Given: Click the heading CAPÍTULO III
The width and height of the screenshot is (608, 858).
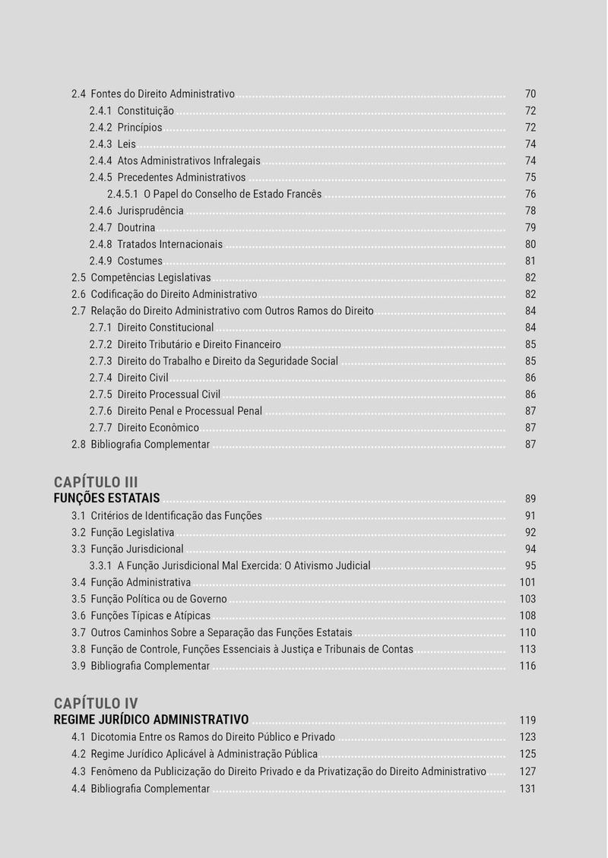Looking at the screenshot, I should [x=96, y=482].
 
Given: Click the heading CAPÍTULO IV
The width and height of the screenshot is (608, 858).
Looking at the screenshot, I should [x=96, y=703].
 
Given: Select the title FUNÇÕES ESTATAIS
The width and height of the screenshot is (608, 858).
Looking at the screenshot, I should [x=106, y=499].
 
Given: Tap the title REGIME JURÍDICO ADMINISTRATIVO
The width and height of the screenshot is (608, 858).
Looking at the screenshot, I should [x=151, y=720].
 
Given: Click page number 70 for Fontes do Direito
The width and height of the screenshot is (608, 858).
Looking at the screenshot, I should [x=530, y=94].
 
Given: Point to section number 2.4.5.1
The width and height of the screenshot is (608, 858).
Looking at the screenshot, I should [x=122, y=195].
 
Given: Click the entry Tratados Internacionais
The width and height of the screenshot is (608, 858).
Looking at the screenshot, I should [x=169, y=245].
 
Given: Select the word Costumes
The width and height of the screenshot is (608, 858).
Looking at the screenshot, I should [x=140, y=261].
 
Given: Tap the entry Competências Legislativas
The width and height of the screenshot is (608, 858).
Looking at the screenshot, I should [x=150, y=278].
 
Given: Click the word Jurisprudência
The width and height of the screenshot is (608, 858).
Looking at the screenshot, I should [x=150, y=211].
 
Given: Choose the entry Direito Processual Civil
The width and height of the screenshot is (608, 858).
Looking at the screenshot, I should [x=169, y=394].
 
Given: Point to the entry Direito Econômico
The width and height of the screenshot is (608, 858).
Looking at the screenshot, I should [x=158, y=428].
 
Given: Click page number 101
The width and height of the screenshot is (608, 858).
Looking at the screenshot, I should [x=527, y=583].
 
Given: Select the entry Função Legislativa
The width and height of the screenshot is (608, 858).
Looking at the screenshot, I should [x=132, y=533].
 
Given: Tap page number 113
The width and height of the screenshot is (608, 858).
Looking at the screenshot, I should [x=527, y=650].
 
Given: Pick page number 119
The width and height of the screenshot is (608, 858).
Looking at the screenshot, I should [x=527, y=720].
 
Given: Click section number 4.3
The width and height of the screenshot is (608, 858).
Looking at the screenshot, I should [x=78, y=772].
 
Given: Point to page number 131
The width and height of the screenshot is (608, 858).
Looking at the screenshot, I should [x=527, y=789].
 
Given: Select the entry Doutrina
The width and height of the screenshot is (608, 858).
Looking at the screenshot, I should [x=136, y=228].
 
